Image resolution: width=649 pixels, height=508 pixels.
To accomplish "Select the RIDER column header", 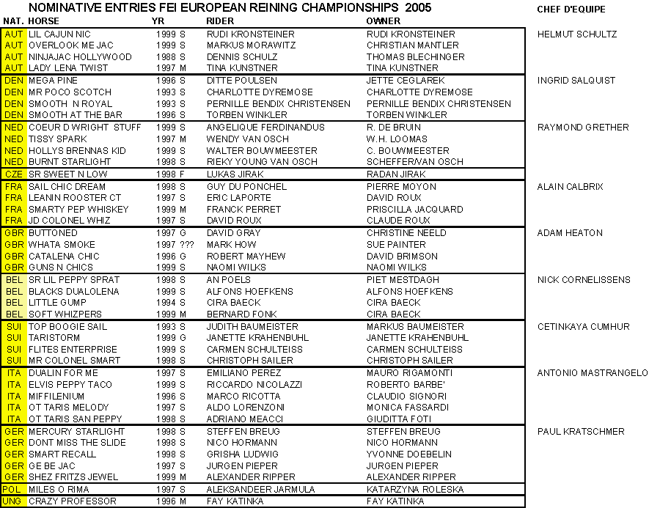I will click(x=221, y=21).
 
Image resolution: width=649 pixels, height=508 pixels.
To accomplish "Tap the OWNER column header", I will click(x=384, y=21).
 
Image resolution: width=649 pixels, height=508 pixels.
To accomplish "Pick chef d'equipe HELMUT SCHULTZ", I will click(x=577, y=34).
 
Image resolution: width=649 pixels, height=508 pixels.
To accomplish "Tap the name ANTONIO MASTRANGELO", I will click(x=593, y=373).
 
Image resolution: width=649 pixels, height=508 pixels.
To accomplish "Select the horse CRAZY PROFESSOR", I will click(x=73, y=501).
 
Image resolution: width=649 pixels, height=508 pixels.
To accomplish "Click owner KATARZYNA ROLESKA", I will click(x=415, y=489).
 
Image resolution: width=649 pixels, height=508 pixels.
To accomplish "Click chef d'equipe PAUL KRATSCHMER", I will click(x=581, y=431).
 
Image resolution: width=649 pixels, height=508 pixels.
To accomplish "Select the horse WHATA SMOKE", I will click(x=62, y=244).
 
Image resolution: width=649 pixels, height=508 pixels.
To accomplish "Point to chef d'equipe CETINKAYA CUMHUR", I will click(x=583, y=326).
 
